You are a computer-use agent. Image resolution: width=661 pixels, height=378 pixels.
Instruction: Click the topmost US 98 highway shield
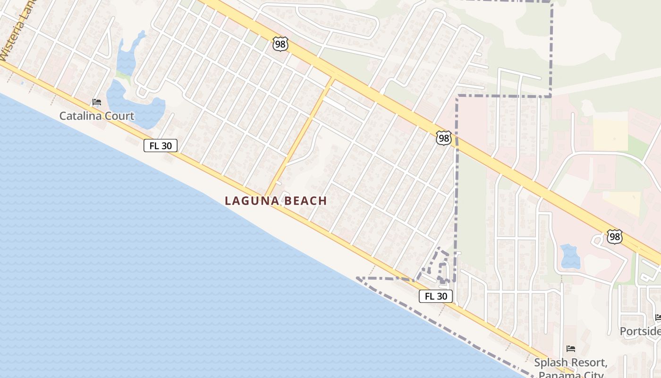click(280, 44)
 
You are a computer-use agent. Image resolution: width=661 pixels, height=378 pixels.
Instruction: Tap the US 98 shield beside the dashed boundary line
click(443, 138)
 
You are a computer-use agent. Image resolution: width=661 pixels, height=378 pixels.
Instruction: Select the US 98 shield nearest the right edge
click(615, 236)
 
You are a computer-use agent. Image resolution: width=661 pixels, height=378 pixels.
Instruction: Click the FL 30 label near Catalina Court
click(161, 146)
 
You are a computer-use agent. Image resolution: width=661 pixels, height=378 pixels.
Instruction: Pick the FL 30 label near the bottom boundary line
click(435, 296)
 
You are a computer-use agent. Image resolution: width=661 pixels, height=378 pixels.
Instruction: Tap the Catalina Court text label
click(97, 116)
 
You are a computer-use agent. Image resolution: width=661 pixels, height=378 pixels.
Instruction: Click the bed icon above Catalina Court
click(97, 102)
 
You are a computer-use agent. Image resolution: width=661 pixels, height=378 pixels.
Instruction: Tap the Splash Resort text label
click(570, 362)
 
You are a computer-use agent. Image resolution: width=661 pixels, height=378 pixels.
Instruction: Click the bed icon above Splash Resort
click(570, 349)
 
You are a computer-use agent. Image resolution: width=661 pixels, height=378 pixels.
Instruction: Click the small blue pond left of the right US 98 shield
click(570, 256)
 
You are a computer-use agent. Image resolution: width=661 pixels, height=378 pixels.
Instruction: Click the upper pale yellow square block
click(610, 135)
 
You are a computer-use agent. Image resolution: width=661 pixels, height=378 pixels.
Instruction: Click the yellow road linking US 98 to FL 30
click(300, 137)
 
